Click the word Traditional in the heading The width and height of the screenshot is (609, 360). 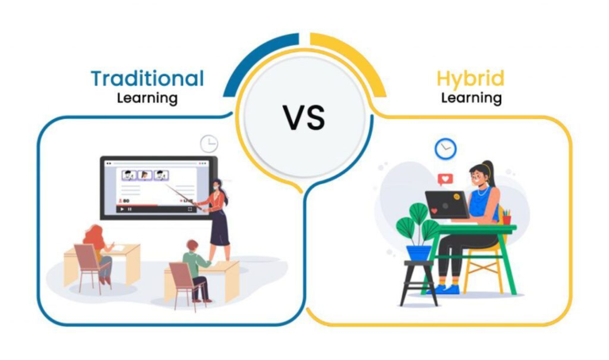coord(147,79)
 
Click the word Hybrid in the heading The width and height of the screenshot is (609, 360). coord(470,79)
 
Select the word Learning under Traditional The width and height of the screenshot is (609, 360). coord(147,99)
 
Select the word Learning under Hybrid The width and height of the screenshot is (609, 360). coord(471,99)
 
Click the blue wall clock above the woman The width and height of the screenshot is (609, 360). coord(446,148)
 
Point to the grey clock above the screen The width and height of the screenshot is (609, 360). coord(209,144)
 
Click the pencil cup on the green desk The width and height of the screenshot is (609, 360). coord(505,217)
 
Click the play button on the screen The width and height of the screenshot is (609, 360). coord(121,210)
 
